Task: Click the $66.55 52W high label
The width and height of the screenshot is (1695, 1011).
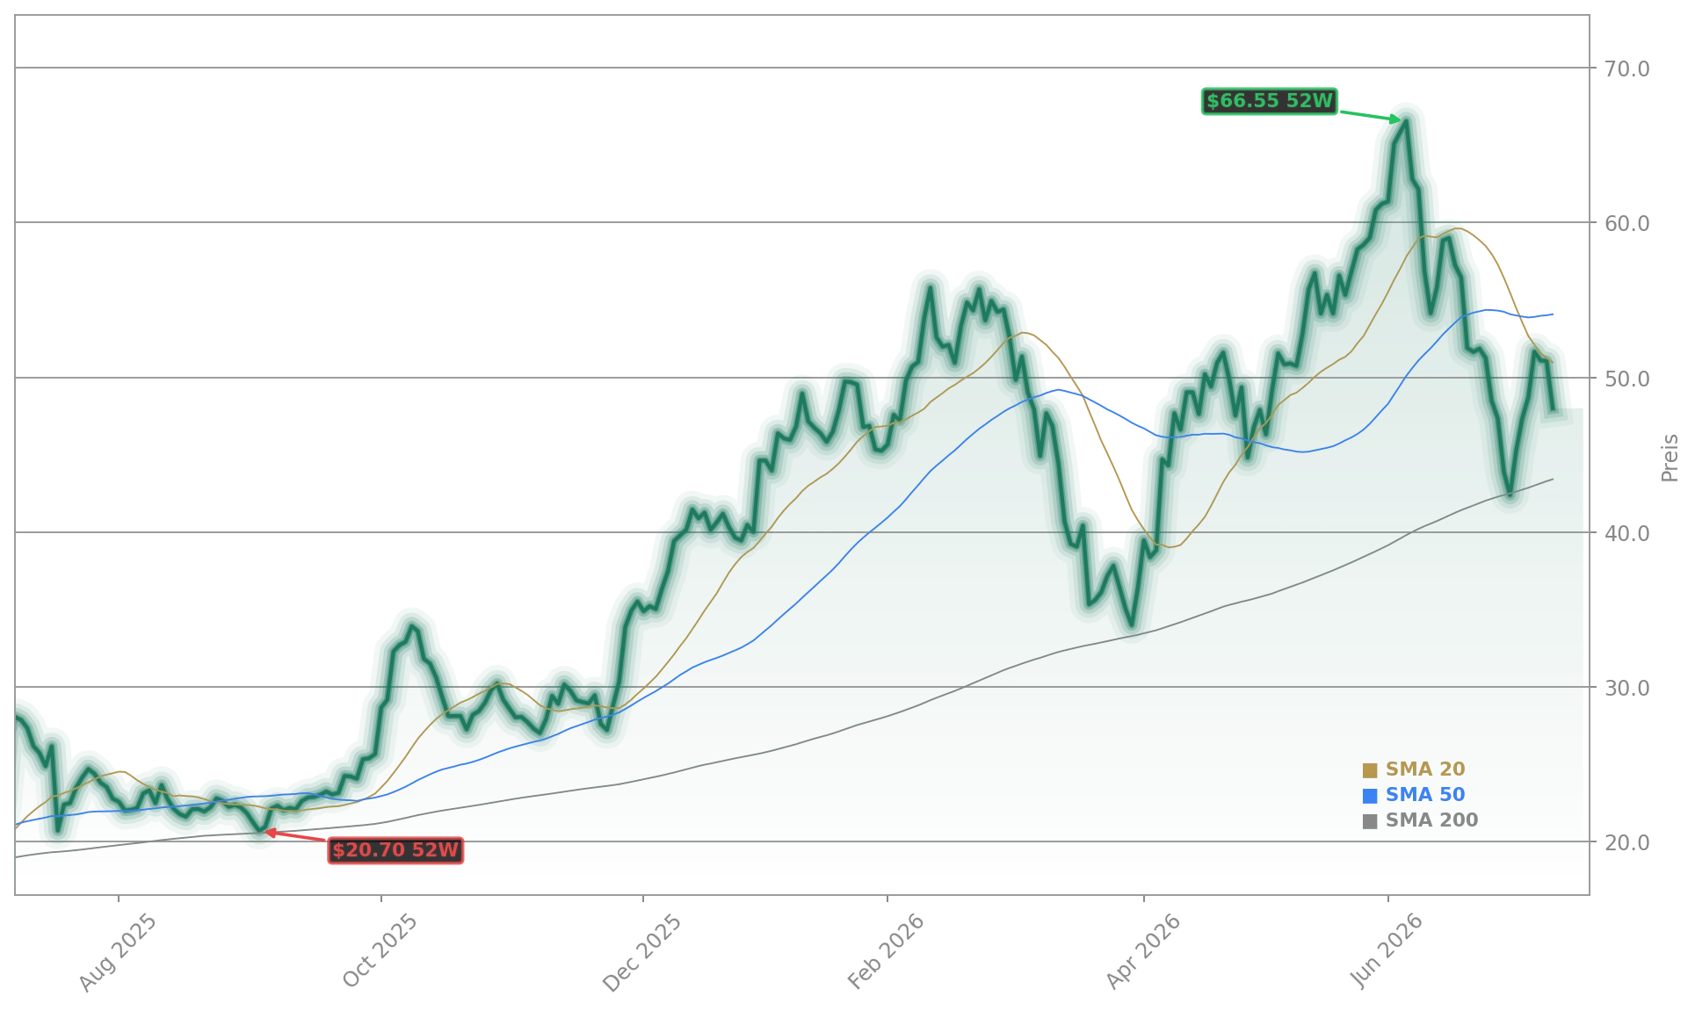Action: tap(1269, 101)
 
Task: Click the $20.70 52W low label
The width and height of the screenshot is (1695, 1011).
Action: tap(395, 850)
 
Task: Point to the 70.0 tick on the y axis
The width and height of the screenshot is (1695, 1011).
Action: tap(1621, 69)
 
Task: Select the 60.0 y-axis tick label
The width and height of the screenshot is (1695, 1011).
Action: tap(1621, 223)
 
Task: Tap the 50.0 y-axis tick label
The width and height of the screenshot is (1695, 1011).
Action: tap(1621, 379)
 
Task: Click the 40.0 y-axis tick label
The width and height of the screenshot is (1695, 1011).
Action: tap(1621, 533)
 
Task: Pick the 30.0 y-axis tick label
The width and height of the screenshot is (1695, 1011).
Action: tap(1621, 688)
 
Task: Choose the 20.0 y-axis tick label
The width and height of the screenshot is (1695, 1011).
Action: tap(1621, 842)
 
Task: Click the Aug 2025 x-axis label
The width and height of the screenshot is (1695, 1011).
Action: tap(119, 952)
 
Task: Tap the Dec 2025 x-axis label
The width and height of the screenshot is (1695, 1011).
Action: tap(642, 952)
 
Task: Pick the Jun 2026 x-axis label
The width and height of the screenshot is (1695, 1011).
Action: tap(1388, 951)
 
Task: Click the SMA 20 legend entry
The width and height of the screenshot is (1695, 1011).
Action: tap(1414, 769)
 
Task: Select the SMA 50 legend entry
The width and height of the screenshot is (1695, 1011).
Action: tap(1414, 795)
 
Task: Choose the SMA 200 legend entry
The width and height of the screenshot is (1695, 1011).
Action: tap(1420, 820)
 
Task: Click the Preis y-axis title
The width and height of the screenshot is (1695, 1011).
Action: tap(1670, 458)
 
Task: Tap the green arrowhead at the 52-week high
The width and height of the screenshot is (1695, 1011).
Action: tap(1396, 119)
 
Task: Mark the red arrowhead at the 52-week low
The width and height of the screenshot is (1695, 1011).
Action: tap(271, 832)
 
